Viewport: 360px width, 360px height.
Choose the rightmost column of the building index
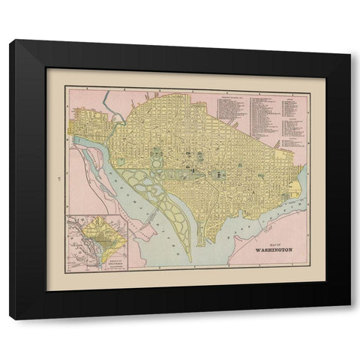tap(292, 120)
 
